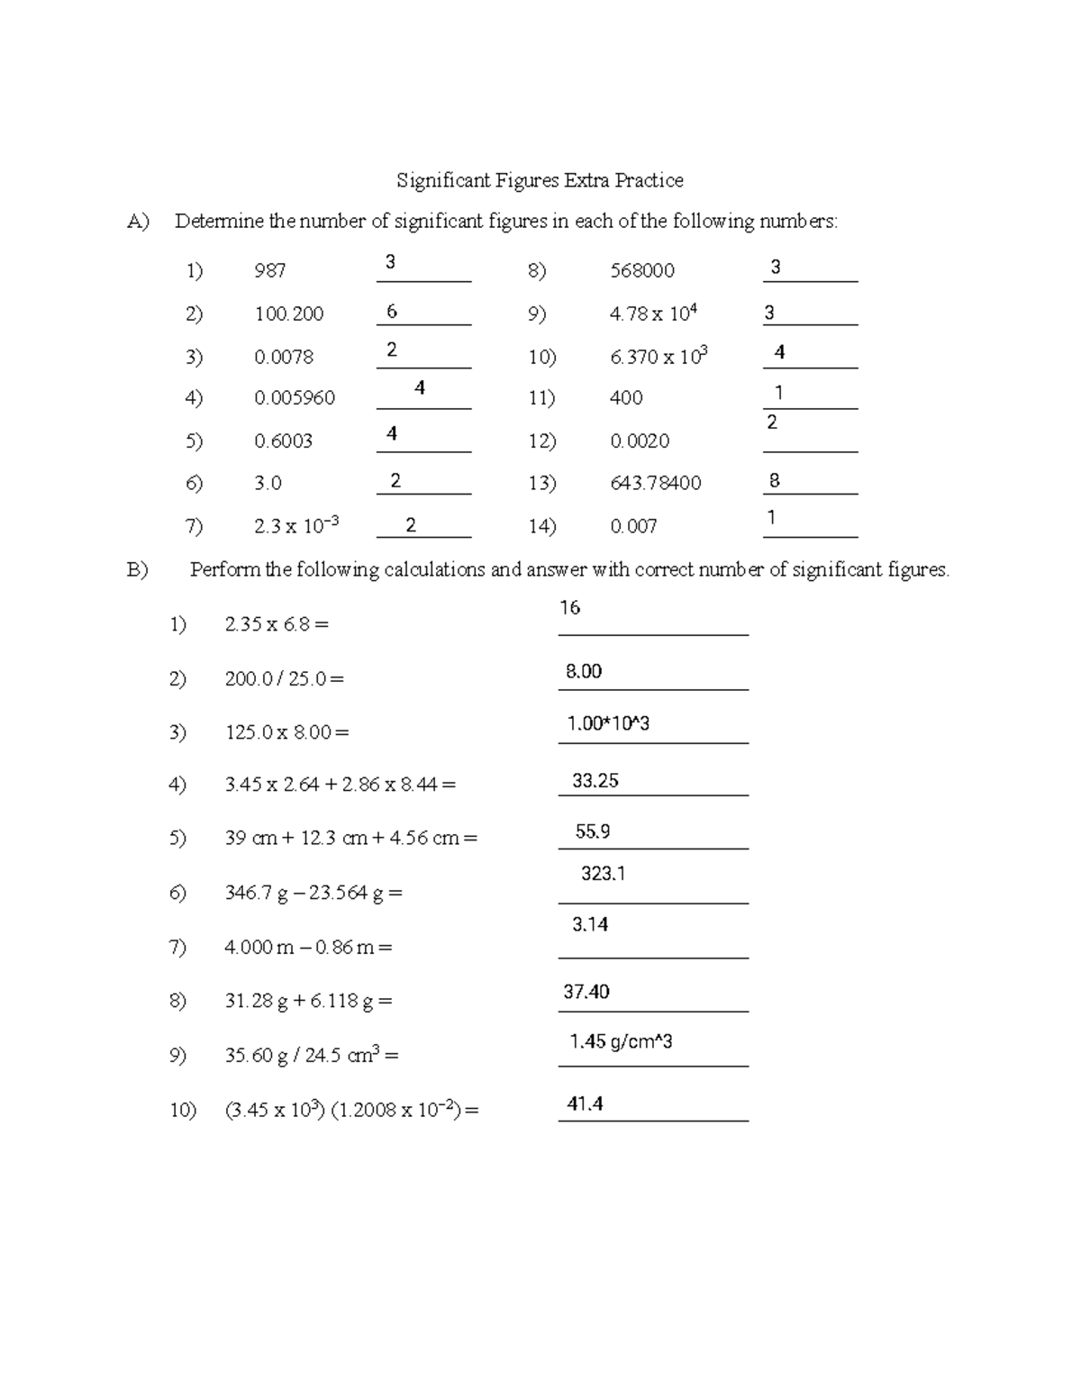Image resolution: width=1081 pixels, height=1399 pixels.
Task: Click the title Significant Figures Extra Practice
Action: (x=540, y=180)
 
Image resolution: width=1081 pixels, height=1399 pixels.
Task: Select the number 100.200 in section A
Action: (x=288, y=313)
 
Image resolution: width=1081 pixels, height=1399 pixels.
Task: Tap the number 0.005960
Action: (x=295, y=397)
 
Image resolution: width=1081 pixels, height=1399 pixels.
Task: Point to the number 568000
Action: (x=642, y=270)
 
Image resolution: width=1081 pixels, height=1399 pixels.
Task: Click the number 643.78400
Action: (x=655, y=483)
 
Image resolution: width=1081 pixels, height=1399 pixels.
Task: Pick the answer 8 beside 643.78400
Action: (x=774, y=481)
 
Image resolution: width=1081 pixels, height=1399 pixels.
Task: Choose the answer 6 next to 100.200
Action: (x=391, y=312)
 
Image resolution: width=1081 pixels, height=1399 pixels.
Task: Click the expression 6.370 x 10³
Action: (x=659, y=356)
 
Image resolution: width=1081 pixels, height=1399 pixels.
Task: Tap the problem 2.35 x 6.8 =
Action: (x=277, y=623)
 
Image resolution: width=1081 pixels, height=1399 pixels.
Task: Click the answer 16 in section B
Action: (x=569, y=608)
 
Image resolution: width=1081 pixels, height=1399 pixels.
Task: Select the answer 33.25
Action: (x=595, y=781)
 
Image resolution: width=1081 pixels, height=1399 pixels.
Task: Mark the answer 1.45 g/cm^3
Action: (x=621, y=1042)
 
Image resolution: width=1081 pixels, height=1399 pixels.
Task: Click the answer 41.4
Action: (x=585, y=1104)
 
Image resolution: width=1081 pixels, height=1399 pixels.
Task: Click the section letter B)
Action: (x=137, y=569)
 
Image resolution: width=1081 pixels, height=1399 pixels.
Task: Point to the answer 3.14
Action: (x=590, y=924)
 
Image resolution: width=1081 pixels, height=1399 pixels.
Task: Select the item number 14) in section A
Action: (x=541, y=526)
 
